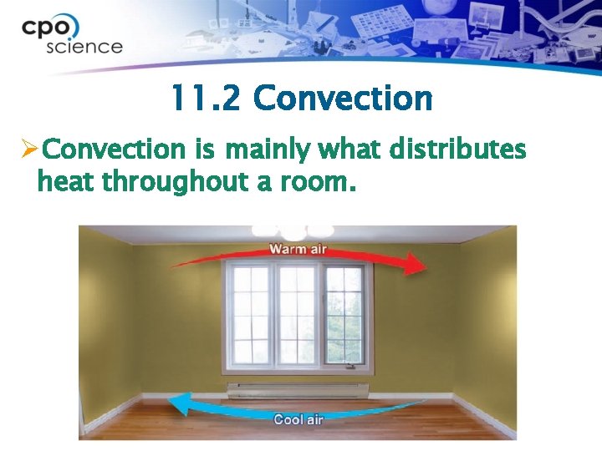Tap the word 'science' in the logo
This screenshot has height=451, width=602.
pos(84,46)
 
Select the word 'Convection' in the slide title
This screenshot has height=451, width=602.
pos(343,99)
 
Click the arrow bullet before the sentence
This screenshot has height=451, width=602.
pos(28,150)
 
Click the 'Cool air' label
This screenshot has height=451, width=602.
pos(298,419)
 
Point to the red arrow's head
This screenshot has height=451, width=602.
pos(417,266)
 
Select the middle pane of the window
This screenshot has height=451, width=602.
pos(296,315)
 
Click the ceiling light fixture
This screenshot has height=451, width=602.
pos(293,231)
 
